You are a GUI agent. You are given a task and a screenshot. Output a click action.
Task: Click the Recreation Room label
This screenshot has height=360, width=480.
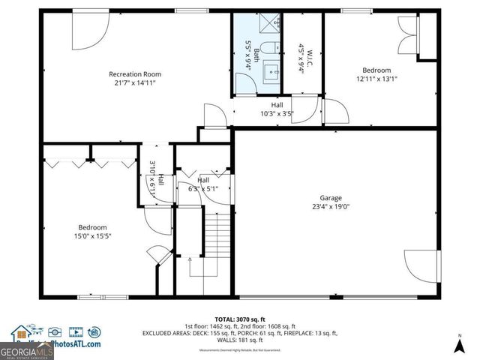click(x=135, y=74)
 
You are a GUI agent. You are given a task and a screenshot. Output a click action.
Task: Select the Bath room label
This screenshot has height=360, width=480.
click(x=256, y=54)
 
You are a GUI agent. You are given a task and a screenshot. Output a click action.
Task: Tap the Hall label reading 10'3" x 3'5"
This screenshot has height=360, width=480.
click(x=277, y=106)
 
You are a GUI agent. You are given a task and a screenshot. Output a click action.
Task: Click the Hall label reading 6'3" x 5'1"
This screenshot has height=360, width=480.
click(x=203, y=181)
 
